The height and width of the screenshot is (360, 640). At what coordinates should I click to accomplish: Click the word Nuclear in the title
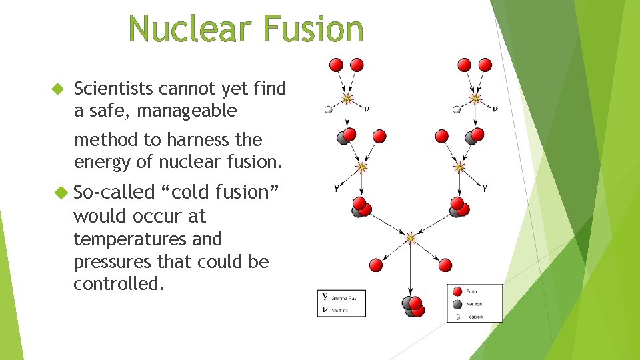tap(188, 30)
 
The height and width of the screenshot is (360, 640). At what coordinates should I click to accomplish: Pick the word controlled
tap(118, 284)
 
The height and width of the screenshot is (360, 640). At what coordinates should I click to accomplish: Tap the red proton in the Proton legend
tap(457, 291)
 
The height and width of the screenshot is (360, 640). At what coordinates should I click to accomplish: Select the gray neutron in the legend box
tap(457, 303)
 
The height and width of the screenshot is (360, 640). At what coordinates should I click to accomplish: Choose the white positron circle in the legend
tap(457, 316)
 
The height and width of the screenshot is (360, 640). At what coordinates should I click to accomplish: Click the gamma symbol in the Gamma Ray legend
tap(325, 298)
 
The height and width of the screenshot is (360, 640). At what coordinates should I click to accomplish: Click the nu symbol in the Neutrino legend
tap(325, 309)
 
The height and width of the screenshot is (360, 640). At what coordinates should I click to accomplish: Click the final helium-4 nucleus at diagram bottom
tap(413, 307)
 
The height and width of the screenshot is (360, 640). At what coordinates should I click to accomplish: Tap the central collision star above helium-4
tap(411, 237)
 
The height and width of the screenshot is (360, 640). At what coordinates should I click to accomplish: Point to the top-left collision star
tap(347, 99)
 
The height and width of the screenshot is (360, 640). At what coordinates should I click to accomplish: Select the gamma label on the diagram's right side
tap(485, 188)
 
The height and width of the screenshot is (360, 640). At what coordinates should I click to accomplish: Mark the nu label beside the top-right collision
tap(495, 107)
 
